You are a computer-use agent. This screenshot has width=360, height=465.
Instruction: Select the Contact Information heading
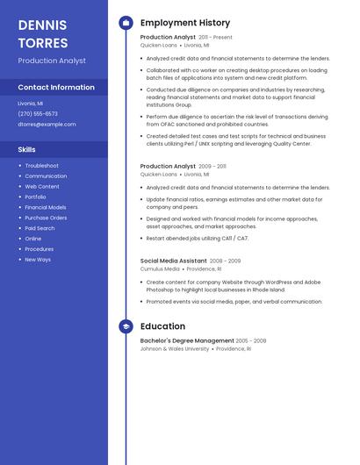[x=56, y=87]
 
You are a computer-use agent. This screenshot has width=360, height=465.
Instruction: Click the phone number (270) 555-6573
[x=38, y=113]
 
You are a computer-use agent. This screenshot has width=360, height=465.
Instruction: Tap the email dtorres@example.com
[x=47, y=124]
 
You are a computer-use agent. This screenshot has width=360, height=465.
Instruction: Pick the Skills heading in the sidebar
[x=27, y=149]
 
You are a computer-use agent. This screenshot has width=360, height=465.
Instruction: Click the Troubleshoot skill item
[x=41, y=166]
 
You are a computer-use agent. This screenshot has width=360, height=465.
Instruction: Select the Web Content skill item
[x=42, y=187]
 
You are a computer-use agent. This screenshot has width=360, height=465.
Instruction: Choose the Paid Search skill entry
[x=40, y=228]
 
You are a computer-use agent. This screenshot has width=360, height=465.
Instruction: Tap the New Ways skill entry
[x=38, y=260]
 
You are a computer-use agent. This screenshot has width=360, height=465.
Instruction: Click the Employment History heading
[x=185, y=23]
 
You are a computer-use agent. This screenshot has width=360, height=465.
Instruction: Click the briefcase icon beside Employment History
[x=126, y=23]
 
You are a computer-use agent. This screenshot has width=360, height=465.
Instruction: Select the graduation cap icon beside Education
[x=126, y=326]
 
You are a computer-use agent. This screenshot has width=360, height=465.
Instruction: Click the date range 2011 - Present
[x=216, y=38]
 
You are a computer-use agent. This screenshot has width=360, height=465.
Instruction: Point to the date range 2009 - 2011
[x=212, y=166]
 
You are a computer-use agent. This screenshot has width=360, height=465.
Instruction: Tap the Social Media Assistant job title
[x=174, y=261]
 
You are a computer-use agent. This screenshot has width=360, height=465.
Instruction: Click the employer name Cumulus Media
[x=160, y=269]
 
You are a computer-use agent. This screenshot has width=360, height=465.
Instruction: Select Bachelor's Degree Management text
[x=187, y=340]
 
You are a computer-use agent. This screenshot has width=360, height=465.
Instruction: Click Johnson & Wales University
[x=175, y=348]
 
